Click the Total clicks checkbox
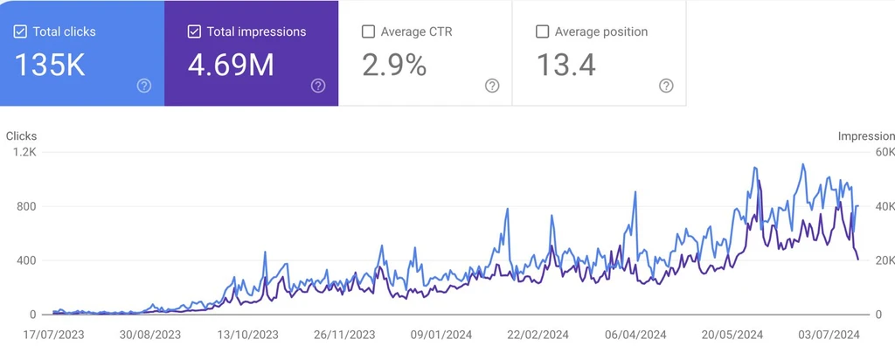20,31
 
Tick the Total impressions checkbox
194,31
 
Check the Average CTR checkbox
368,31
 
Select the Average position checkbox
542,31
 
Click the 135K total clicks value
51,66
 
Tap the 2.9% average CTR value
394,66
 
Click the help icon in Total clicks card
144,86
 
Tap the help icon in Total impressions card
318,86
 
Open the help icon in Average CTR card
492,86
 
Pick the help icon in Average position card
666,86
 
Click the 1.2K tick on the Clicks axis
24,152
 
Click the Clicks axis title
22,136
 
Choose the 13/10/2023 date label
246,334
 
